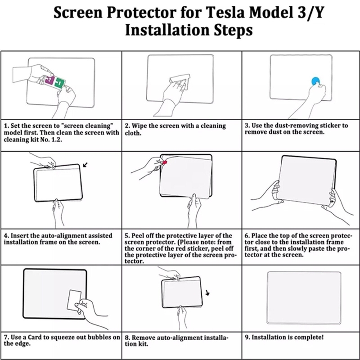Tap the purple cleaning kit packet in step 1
pyautogui.click(x=49, y=81)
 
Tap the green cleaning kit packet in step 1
pyautogui.click(x=59, y=83)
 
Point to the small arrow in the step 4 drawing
pyautogui.click(x=85, y=166)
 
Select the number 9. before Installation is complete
pyautogui.click(x=247, y=337)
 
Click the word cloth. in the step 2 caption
pyautogui.click(x=134, y=133)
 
